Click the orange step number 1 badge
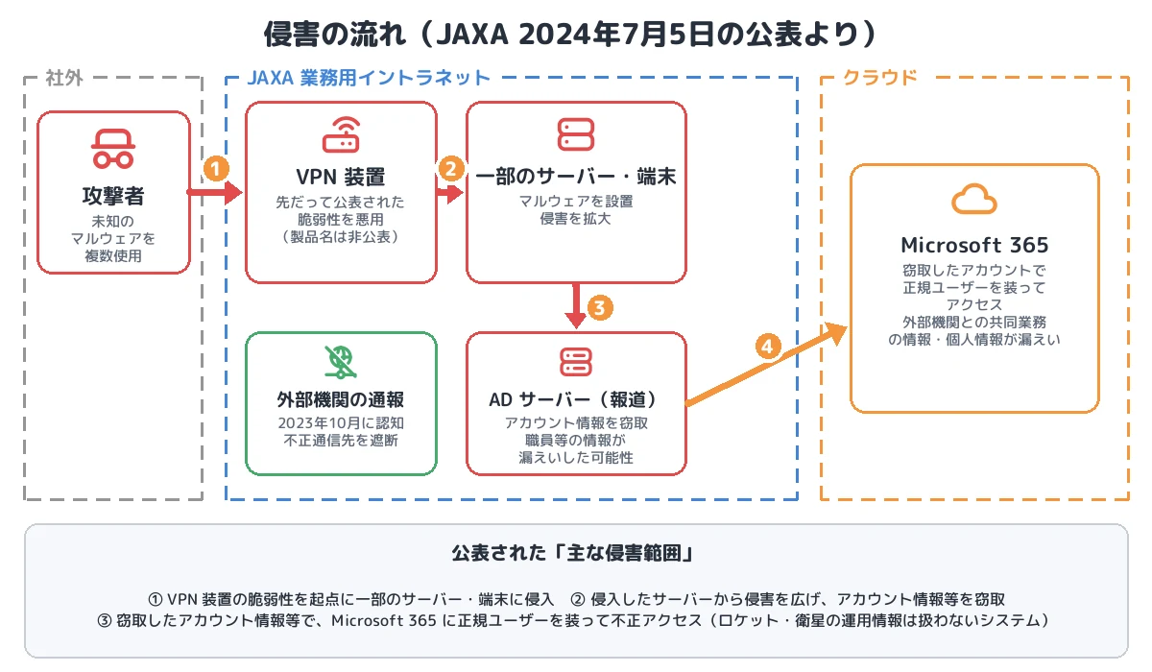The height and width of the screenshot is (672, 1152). [216, 169]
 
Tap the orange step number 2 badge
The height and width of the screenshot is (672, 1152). [451, 169]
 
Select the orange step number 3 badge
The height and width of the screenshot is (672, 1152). [600, 308]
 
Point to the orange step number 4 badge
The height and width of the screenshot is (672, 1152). [768, 347]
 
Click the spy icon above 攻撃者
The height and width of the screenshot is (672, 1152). [113, 149]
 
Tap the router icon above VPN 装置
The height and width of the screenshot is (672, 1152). [341, 134]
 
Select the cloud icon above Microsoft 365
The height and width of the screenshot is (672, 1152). [974, 199]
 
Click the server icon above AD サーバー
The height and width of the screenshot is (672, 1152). [576, 362]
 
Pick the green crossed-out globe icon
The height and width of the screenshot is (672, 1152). [341, 362]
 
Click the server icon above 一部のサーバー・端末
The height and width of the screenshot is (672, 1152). [576, 134]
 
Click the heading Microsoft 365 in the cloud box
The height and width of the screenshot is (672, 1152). [974, 245]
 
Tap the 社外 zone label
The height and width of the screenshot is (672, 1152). [64, 78]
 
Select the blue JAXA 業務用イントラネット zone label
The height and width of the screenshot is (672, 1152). [369, 78]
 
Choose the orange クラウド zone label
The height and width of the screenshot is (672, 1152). [880, 77]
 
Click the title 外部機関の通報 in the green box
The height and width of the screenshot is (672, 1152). [341, 399]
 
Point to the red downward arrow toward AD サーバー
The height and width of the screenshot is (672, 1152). [576, 305]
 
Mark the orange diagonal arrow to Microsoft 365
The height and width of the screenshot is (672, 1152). [766, 364]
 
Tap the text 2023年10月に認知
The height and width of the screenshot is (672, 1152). [341, 422]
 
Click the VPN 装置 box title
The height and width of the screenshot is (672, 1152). [341, 177]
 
